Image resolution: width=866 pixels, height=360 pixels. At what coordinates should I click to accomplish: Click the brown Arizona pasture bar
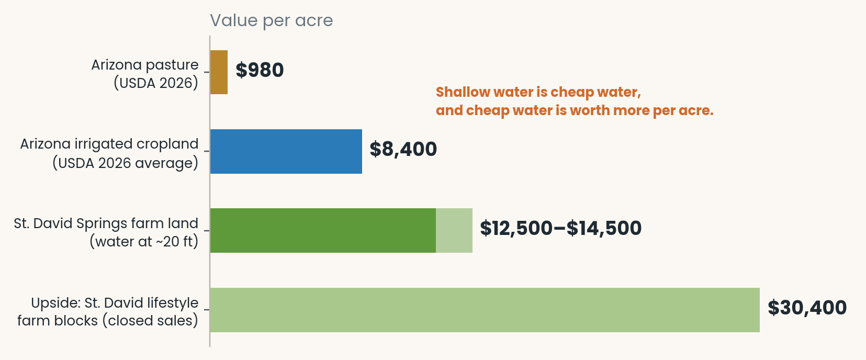219,72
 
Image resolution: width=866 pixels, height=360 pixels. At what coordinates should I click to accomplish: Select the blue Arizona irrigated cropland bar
286,151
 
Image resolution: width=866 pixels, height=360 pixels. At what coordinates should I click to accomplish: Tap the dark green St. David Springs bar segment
323,230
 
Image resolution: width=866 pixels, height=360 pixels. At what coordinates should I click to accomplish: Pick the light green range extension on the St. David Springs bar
454,230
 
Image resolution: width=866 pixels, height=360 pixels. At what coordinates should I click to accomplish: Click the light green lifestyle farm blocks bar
485,310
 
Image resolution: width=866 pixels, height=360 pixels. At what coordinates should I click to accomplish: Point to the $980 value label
260,70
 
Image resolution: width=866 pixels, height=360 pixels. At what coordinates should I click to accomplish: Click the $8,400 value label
403,149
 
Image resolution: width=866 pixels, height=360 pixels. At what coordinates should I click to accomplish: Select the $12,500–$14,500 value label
560,228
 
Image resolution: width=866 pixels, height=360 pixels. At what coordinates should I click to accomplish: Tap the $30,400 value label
807,308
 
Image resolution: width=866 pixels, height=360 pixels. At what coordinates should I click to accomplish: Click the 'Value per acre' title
272,20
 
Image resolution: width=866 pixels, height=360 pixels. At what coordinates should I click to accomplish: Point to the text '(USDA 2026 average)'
125,163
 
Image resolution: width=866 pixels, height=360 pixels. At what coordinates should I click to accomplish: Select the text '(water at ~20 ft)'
144,242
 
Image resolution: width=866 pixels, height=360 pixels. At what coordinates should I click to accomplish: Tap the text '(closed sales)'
150,321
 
